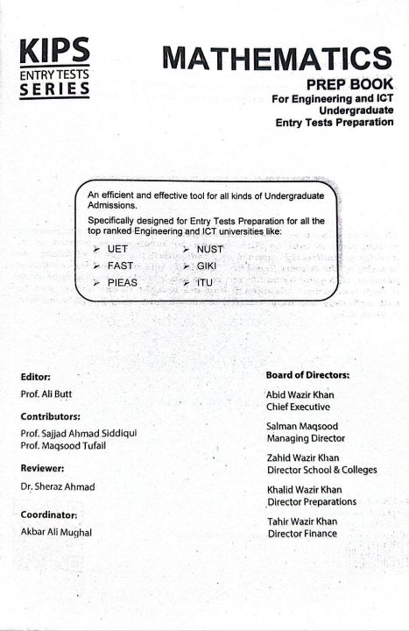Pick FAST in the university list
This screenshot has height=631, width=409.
tap(120, 266)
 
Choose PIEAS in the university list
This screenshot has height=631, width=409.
tap(123, 282)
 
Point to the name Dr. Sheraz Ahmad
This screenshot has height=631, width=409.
tap(57, 486)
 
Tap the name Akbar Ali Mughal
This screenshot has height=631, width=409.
tap(60, 532)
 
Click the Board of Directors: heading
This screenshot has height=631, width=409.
tap(307, 375)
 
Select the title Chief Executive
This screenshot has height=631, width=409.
tap(299, 407)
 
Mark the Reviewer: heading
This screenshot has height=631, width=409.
tap(43, 468)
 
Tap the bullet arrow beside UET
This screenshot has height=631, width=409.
tap(97, 250)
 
